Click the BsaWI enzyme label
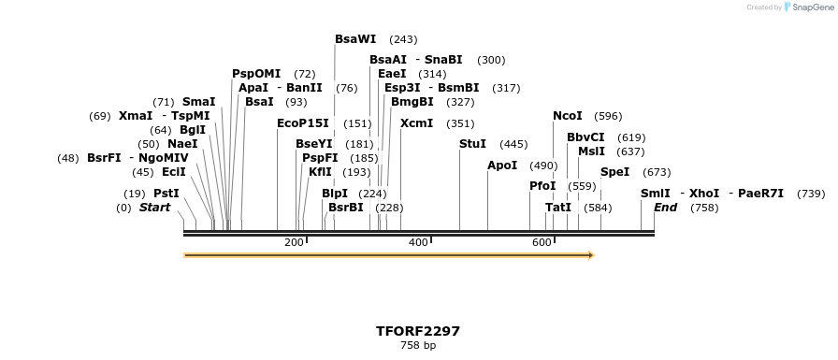click(355, 39)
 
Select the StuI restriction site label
click(473, 144)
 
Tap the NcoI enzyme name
click(568, 116)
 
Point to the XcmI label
click(416, 123)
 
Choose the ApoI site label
click(502, 166)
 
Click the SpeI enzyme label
click(615, 172)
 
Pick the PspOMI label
click(256, 74)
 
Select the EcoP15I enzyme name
click(303, 123)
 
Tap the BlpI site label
click(335, 194)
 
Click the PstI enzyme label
click(166, 194)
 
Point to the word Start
click(155, 208)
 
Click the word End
click(665, 208)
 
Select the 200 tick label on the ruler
click(294, 243)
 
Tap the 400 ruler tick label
click(418, 243)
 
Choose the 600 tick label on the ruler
click(542, 243)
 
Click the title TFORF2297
click(418, 331)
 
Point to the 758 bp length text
click(418, 346)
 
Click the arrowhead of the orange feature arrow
click(590, 254)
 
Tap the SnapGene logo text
click(809, 7)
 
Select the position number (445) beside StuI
click(513, 144)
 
